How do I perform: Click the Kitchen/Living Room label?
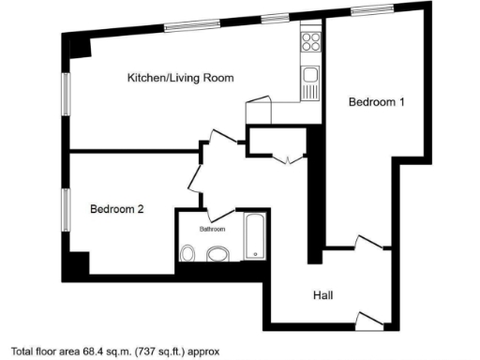(x=180, y=78)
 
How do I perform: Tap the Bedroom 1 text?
(x=376, y=102)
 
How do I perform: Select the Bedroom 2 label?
(x=117, y=210)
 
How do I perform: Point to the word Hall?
(x=322, y=295)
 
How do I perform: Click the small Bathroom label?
(x=213, y=229)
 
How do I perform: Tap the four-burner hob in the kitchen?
(x=310, y=42)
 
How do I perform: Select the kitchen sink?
(x=310, y=75)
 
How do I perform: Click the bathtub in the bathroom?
(x=256, y=236)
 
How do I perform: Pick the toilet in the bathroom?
(x=187, y=253)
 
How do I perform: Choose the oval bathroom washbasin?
(x=217, y=253)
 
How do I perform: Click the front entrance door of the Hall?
(x=370, y=322)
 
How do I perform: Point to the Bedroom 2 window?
(x=66, y=214)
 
